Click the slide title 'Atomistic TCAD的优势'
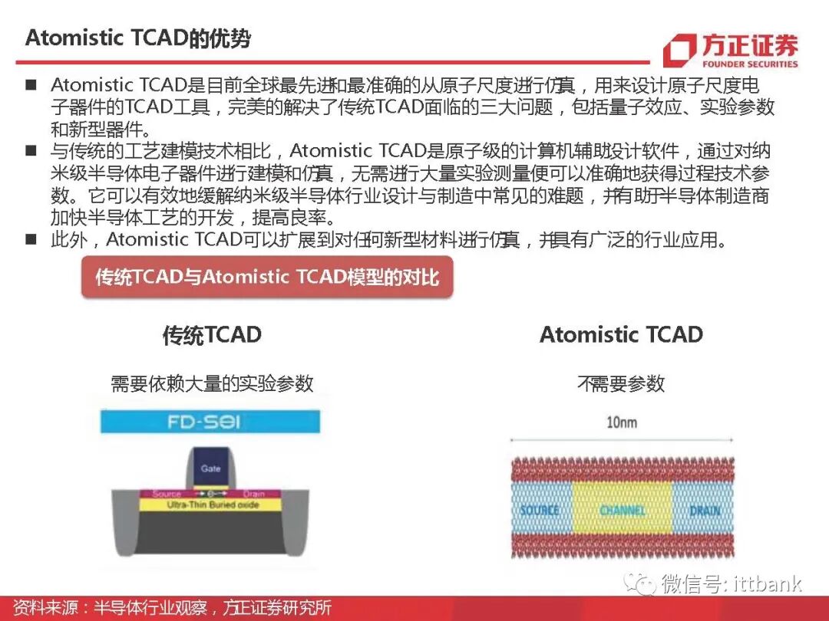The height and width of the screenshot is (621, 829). pyautogui.click(x=138, y=38)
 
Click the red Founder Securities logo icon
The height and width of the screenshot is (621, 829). pyautogui.click(x=679, y=51)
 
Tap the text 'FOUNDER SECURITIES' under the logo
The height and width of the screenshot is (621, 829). pyautogui.click(x=749, y=64)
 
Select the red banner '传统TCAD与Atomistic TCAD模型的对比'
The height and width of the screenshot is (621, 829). pyautogui.click(x=267, y=277)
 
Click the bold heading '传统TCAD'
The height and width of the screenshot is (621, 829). pyautogui.click(x=212, y=335)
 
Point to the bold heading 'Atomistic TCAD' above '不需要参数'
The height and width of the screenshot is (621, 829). pyautogui.click(x=621, y=335)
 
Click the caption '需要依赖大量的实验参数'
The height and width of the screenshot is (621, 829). pyautogui.click(x=212, y=383)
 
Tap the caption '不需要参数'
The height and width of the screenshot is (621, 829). pyautogui.click(x=621, y=383)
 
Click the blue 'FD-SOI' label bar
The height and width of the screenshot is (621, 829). pyautogui.click(x=210, y=422)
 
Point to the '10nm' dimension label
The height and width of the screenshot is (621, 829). pyautogui.click(x=621, y=422)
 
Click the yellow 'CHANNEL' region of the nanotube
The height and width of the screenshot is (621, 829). pyautogui.click(x=622, y=510)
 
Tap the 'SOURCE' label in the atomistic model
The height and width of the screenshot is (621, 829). pyautogui.click(x=540, y=511)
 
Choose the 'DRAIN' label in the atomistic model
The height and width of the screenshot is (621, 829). pyautogui.click(x=704, y=511)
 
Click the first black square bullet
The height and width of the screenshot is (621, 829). pyautogui.click(x=31, y=84)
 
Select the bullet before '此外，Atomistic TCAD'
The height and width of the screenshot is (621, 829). pyautogui.click(x=31, y=239)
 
